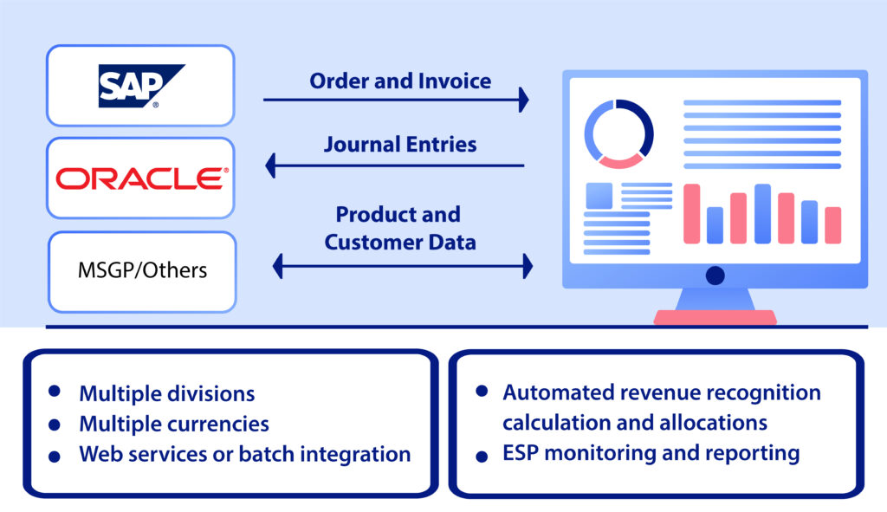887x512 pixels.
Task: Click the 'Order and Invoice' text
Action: [x=400, y=81]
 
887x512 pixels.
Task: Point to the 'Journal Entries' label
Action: [x=400, y=144]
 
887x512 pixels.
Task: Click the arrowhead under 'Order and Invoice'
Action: [x=522, y=100]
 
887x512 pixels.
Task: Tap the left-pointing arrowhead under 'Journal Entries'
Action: [x=271, y=164]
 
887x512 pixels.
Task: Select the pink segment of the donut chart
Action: [x=620, y=159]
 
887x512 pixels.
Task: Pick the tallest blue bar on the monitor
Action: [x=762, y=213]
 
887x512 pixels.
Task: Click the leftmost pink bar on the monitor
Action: [x=691, y=213]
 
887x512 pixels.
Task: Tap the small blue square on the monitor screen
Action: [x=599, y=195]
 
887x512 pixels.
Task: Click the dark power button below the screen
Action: [x=715, y=275]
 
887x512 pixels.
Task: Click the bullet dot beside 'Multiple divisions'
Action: [x=55, y=392]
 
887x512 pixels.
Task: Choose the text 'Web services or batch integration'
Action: [x=244, y=454]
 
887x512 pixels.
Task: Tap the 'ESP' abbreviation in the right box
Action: [x=522, y=452]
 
